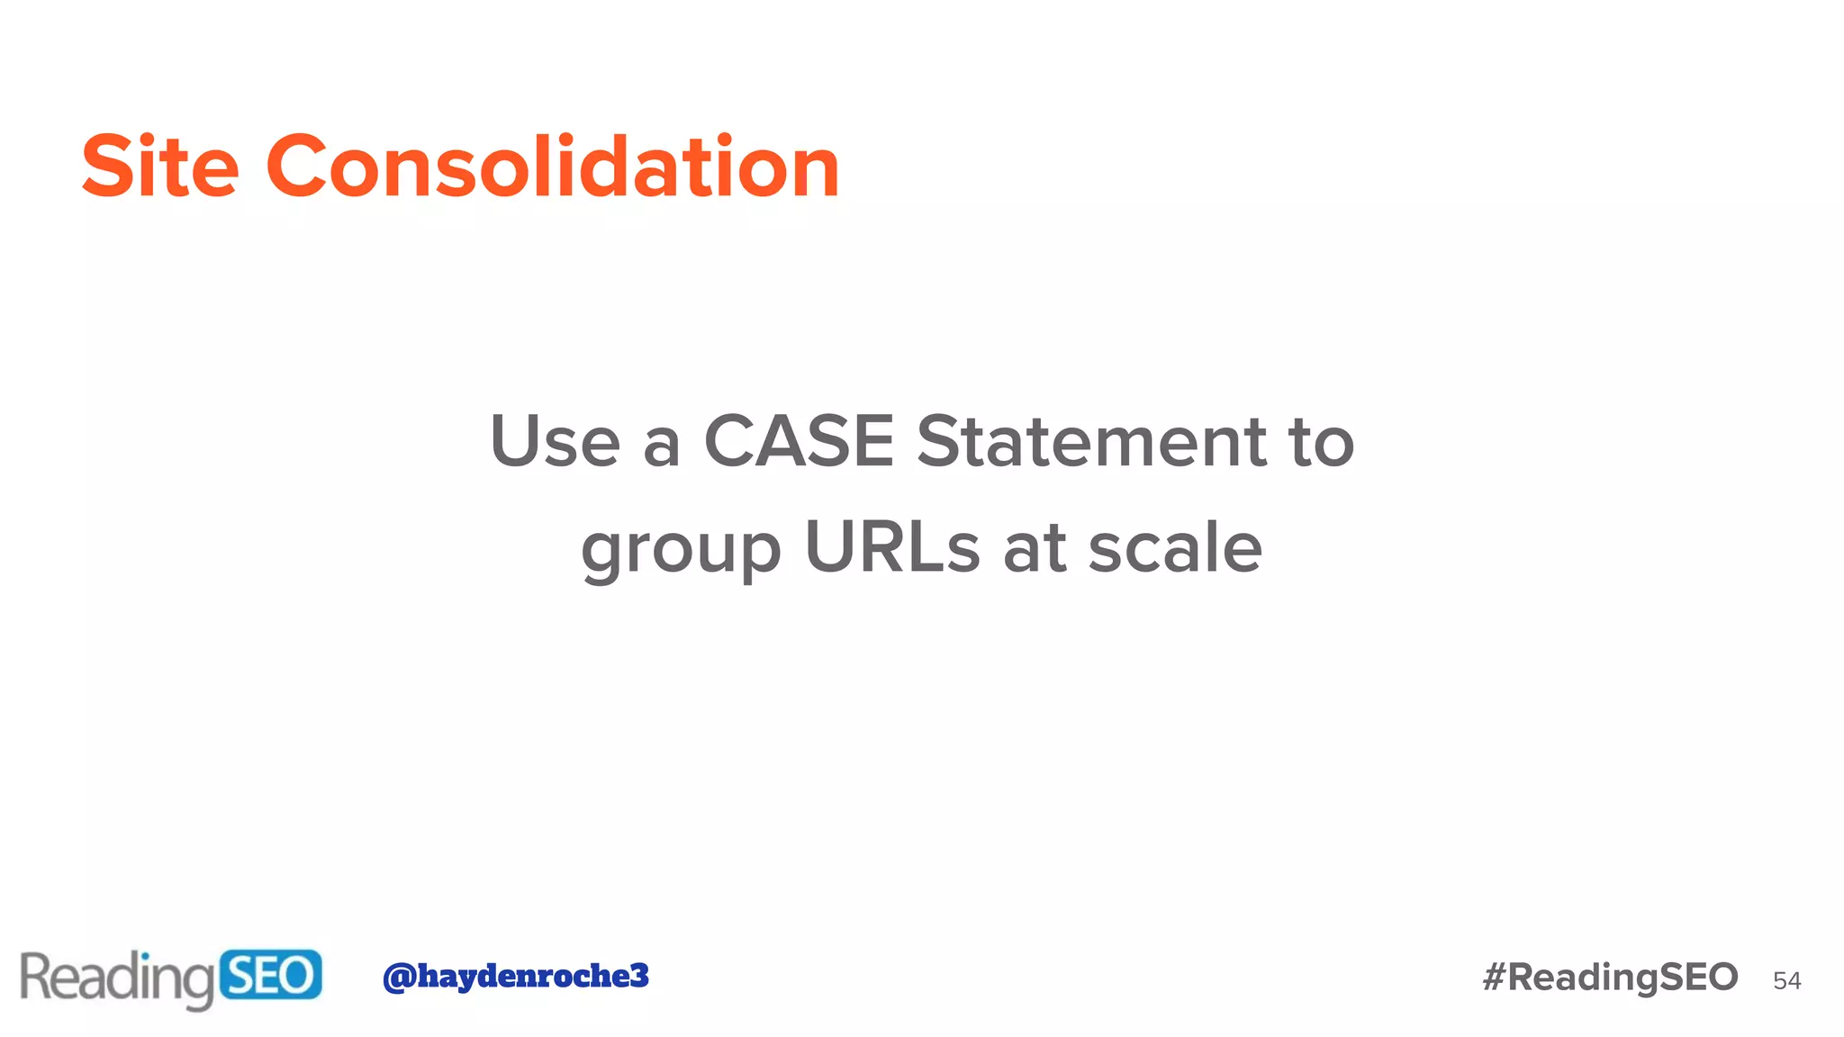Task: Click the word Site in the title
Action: pyautogui.click(x=160, y=167)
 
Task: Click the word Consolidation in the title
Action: pyautogui.click(x=553, y=167)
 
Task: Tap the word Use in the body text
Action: pyautogui.click(x=555, y=442)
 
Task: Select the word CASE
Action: pyautogui.click(x=799, y=442)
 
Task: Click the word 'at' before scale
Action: pyautogui.click(x=1035, y=549)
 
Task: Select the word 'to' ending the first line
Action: pyautogui.click(x=1322, y=442)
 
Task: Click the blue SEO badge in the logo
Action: pyautogui.click(x=270, y=976)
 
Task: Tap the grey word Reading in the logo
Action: pyautogui.click(x=117, y=978)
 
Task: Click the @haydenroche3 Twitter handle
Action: pyautogui.click(x=515, y=976)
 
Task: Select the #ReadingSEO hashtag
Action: pyautogui.click(x=1610, y=978)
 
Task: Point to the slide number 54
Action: pyautogui.click(x=1786, y=981)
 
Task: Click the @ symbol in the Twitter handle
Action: pyautogui.click(x=398, y=977)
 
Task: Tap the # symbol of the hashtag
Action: pyautogui.click(x=1495, y=978)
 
